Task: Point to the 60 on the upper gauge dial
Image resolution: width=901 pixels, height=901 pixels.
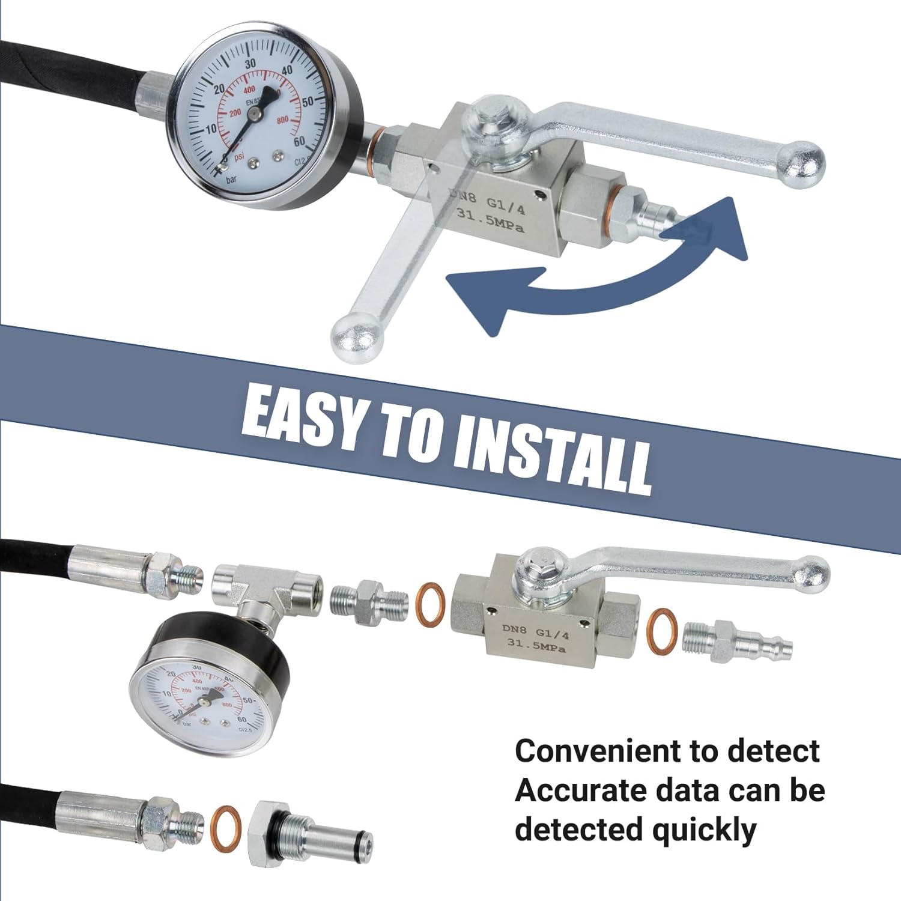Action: [299, 142]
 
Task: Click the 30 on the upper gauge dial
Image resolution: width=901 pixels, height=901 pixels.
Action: [250, 64]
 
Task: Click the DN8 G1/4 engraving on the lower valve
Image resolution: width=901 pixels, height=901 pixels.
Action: [535, 631]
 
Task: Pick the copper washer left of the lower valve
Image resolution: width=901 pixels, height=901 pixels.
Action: [431, 604]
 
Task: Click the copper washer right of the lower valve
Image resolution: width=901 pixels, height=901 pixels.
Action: [662, 631]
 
